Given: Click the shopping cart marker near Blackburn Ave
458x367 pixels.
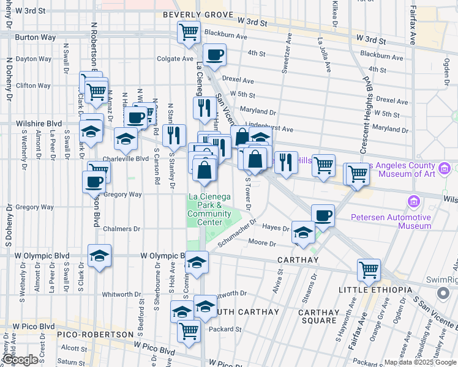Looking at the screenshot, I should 189,31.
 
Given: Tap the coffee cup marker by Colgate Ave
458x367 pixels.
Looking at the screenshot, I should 214,54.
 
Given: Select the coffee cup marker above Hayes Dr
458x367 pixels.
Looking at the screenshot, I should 323,215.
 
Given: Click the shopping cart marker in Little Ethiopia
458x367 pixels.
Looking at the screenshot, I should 369,269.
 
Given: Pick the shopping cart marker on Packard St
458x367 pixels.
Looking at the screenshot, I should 189,331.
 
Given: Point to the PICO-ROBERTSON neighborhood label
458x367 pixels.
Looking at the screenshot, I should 96,335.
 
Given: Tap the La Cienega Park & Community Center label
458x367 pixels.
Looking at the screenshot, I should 209,209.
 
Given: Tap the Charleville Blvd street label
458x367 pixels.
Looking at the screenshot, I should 126,158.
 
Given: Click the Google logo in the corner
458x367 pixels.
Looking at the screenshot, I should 20,360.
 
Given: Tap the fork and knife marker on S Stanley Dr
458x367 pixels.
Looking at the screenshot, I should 176,135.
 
